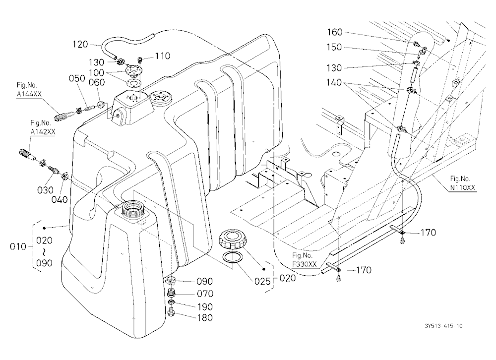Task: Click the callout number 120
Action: tap(80, 44)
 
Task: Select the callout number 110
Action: tap(163, 56)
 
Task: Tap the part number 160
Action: tap(335, 32)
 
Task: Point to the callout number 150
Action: tap(334, 47)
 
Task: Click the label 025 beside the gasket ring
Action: tap(262, 281)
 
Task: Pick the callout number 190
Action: tap(205, 306)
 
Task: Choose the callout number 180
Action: tap(205, 318)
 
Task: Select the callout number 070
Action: tap(205, 294)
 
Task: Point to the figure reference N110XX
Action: tap(463, 187)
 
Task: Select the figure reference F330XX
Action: tap(305, 264)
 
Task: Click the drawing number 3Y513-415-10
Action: tap(443, 326)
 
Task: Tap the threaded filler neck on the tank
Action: tap(132, 208)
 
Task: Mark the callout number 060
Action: tap(97, 82)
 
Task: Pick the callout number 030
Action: tap(45, 190)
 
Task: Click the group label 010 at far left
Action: tap(18, 246)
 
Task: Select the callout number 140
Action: tap(334, 83)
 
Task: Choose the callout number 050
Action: tap(77, 78)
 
